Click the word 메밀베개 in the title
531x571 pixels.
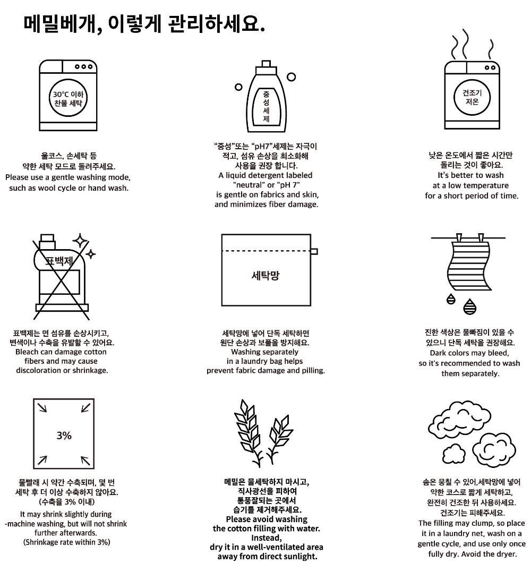(x=59, y=24)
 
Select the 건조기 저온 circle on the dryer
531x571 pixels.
(x=472, y=97)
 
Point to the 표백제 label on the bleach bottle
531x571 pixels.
(x=59, y=261)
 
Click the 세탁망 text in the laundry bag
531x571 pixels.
(x=265, y=275)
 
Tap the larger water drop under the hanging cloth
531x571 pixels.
(x=470, y=306)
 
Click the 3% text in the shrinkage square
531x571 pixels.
(x=64, y=435)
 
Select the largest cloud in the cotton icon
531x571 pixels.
(x=460, y=421)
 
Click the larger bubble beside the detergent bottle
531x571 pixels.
(x=291, y=77)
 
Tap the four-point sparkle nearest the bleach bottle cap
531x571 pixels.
(x=80, y=241)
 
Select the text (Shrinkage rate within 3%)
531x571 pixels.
(x=66, y=542)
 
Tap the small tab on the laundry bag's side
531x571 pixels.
(x=314, y=251)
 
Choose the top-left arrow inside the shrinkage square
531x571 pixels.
(x=42, y=407)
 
